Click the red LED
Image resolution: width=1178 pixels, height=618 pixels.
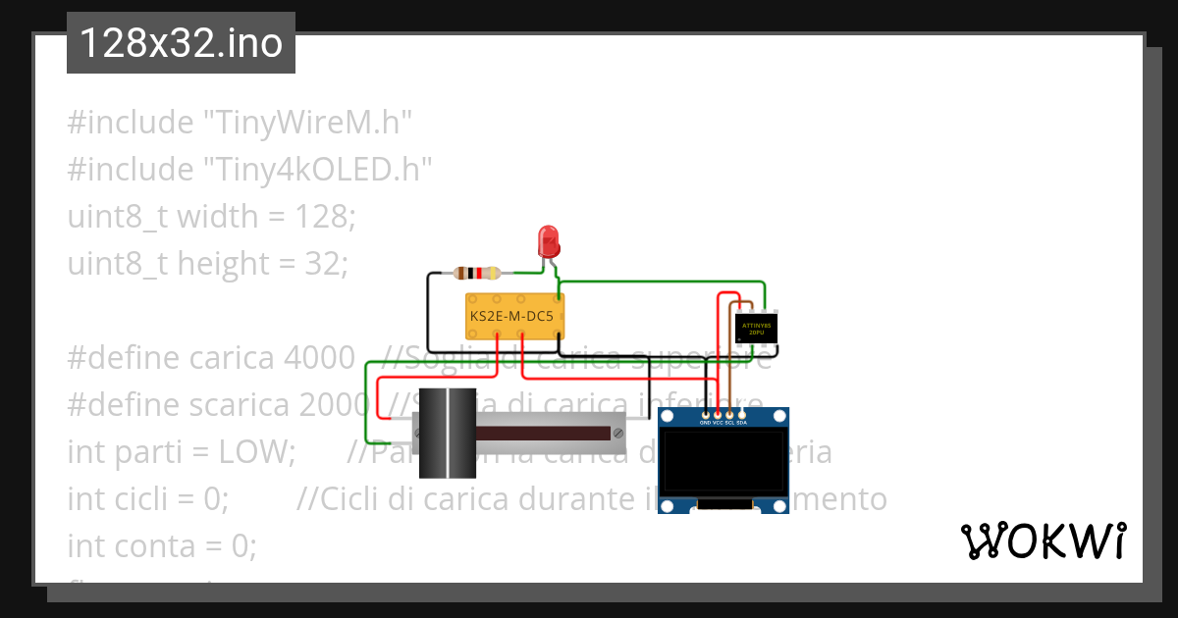[x=548, y=240]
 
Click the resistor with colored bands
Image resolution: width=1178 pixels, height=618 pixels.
[x=478, y=274]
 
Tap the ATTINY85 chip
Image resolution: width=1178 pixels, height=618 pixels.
[x=756, y=328]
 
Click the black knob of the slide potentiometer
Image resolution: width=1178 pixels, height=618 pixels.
[x=447, y=433]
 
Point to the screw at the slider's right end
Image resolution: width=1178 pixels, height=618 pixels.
[x=617, y=432]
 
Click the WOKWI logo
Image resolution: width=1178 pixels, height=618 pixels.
[x=1044, y=541]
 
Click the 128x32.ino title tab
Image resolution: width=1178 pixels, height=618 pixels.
[x=181, y=43]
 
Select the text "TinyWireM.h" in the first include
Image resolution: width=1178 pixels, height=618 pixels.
[x=307, y=123]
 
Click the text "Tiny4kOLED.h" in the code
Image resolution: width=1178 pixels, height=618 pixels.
[x=318, y=170]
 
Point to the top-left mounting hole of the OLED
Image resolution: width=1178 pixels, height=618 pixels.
[x=668, y=417]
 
